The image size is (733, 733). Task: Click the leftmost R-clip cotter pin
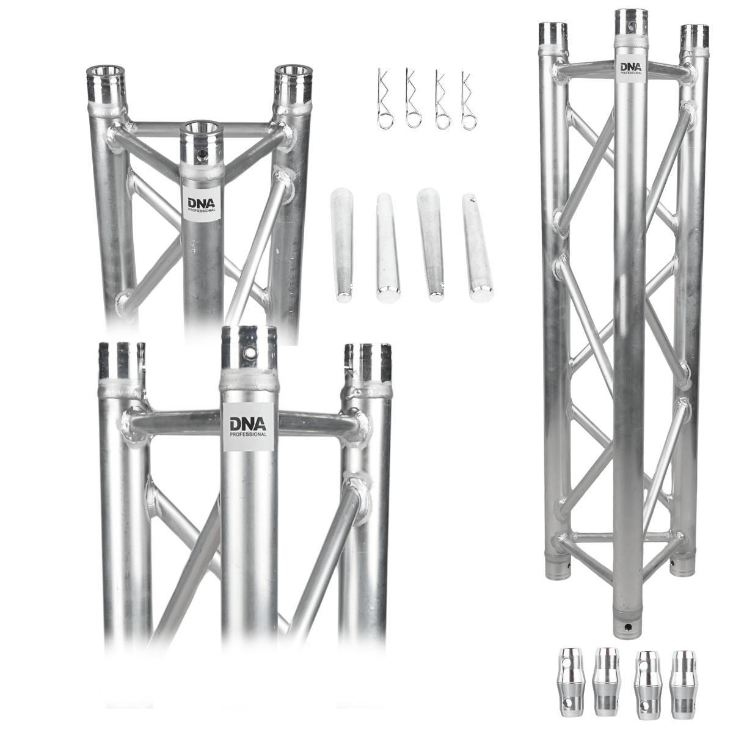pos(385,100)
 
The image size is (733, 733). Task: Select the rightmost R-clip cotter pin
pos(469,100)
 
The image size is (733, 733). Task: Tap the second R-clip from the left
pos(412,100)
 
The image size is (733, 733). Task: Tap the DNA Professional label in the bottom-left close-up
pos(247,425)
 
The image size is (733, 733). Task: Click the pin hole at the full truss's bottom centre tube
pos(627,627)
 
